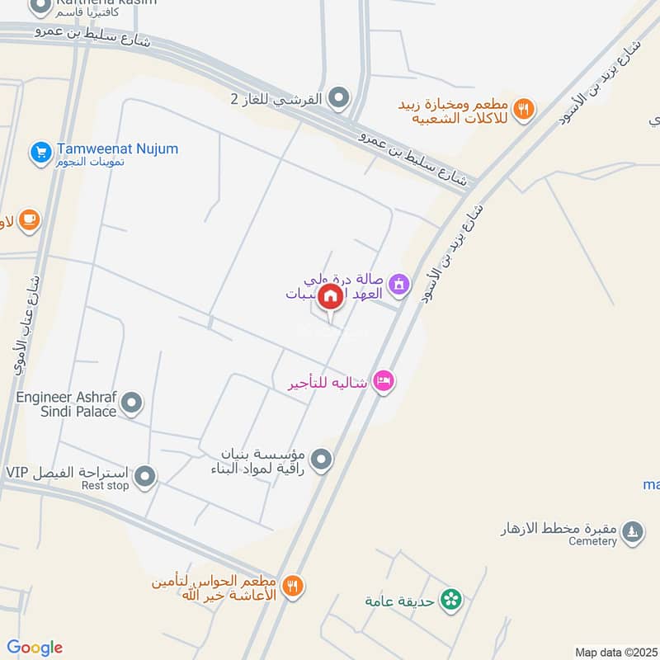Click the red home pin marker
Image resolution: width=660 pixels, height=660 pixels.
click(330, 296)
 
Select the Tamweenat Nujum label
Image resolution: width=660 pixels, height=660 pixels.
click(117, 149)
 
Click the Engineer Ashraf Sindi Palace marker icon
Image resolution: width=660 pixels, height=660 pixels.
click(132, 404)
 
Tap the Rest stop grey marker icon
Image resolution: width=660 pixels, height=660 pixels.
click(145, 476)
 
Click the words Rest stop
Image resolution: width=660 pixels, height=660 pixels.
click(106, 486)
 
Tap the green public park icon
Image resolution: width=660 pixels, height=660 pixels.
click(451, 600)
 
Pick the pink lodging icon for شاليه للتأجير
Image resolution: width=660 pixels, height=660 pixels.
click(383, 381)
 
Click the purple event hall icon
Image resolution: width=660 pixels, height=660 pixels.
click(400, 285)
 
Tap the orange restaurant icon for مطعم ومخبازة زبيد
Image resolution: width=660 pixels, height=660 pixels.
click(523, 108)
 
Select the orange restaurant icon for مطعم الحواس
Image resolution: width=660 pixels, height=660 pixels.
click(292, 587)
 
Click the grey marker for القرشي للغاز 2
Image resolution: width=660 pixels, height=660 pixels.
click(338, 99)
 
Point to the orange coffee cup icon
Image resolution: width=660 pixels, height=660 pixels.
click(30, 219)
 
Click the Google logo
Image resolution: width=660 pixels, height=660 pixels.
click(35, 648)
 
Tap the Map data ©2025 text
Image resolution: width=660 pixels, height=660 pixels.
click(615, 652)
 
